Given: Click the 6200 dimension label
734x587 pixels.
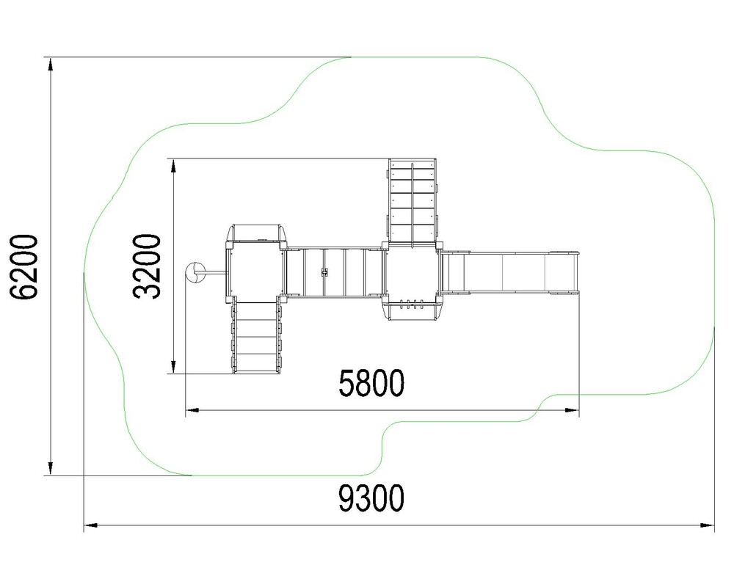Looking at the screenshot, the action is [x=23, y=267].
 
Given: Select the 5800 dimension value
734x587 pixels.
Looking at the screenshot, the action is [x=371, y=383].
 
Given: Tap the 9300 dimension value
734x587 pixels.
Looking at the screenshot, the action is [x=371, y=498].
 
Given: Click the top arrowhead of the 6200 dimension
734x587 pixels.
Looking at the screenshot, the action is [x=51, y=65].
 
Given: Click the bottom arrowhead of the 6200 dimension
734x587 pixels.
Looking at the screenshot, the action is [x=51, y=467].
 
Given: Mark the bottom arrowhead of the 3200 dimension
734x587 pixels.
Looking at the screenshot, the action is [x=173, y=367].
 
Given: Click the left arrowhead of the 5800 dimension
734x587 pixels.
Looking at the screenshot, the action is [x=192, y=410].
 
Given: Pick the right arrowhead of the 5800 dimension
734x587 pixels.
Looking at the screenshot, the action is [x=572, y=410].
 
